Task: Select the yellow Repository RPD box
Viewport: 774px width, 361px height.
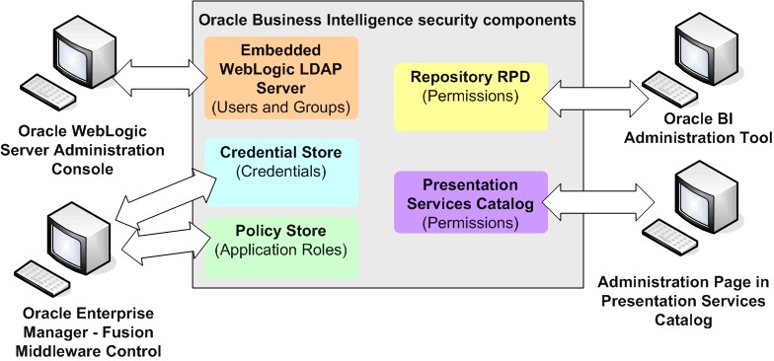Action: click(x=471, y=97)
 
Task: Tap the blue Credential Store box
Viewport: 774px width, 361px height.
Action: click(x=281, y=172)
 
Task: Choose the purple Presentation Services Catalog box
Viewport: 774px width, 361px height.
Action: click(x=471, y=202)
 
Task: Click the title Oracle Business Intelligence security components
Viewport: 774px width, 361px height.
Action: click(x=389, y=19)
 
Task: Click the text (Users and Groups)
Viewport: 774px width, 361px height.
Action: click(x=281, y=106)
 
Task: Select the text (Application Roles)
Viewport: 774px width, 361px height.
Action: click(x=281, y=249)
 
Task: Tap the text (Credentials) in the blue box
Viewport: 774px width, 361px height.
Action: click(x=282, y=171)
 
